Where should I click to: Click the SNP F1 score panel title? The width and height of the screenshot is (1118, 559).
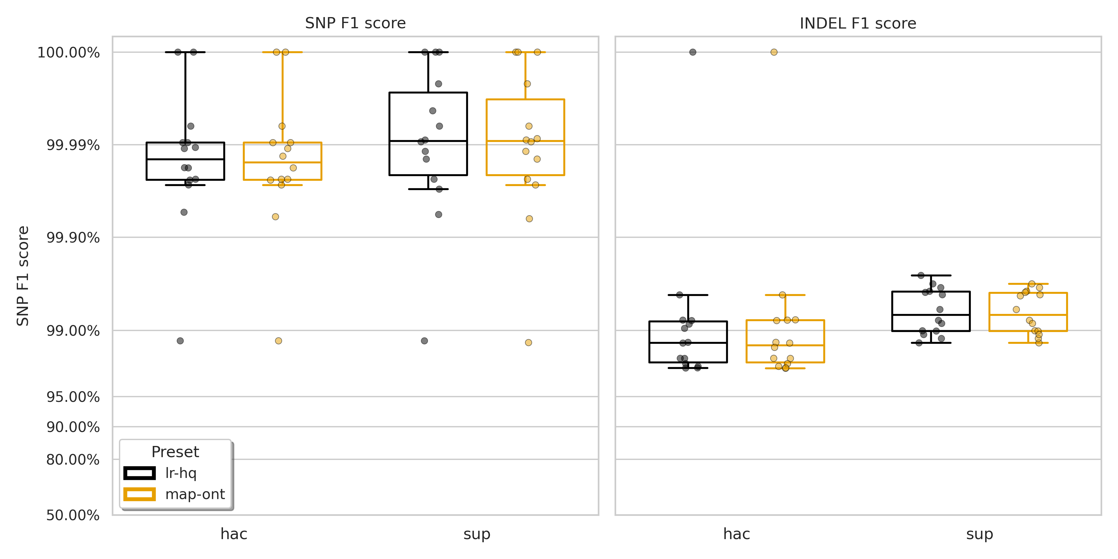click(x=355, y=23)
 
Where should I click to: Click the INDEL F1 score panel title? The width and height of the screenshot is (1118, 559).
click(x=857, y=23)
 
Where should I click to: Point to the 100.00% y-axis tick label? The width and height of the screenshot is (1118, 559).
click(x=69, y=52)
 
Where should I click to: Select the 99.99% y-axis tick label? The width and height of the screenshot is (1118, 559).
click(x=73, y=145)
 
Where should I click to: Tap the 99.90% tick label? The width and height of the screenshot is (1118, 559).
click(x=73, y=238)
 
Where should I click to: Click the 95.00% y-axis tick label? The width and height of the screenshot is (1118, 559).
click(x=73, y=397)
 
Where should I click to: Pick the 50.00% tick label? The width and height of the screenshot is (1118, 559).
click(x=73, y=516)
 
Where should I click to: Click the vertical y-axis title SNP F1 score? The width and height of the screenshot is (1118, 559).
click(x=23, y=276)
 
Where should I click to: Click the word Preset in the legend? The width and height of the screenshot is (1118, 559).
click(x=175, y=452)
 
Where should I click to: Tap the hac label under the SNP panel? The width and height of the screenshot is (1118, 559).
click(x=234, y=534)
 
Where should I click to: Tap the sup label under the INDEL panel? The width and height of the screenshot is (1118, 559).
click(x=979, y=534)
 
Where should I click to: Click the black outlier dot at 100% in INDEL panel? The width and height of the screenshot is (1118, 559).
click(x=693, y=52)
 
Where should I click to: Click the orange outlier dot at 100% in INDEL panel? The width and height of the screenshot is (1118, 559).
click(x=774, y=52)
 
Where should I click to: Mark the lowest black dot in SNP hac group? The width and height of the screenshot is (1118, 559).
click(x=180, y=341)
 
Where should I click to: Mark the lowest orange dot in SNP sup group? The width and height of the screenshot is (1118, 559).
click(x=528, y=343)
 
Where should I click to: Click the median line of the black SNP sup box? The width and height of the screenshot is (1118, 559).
click(x=428, y=141)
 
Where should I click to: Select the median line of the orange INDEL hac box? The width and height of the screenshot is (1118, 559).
click(x=785, y=345)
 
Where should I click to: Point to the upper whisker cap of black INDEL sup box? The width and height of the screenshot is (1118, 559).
click(x=931, y=275)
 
